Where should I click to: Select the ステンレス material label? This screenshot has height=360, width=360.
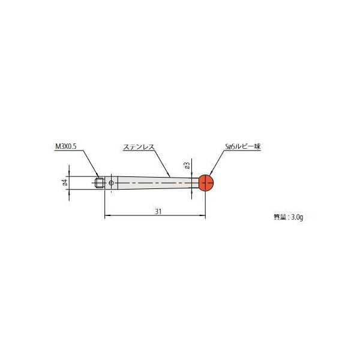[x=137, y=146]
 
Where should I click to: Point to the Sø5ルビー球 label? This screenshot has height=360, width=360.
[x=239, y=146]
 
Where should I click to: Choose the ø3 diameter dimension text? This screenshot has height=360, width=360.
[x=187, y=164]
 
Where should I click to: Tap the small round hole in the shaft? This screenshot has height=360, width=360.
[x=111, y=182]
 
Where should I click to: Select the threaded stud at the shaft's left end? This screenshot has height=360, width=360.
[x=100, y=182]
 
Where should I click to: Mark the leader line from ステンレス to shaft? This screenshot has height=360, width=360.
[x=162, y=162]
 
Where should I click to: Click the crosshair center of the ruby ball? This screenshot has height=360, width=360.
[x=206, y=182]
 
